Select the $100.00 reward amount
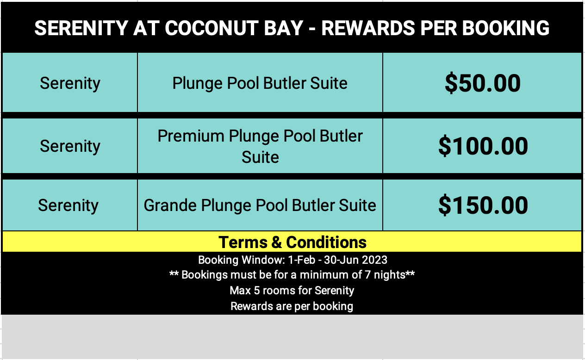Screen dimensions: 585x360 click(x=483, y=146)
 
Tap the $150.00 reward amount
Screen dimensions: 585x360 click(x=483, y=205)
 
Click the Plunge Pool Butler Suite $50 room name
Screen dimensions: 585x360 click(x=260, y=83)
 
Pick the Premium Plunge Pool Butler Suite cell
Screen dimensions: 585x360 click(x=260, y=146)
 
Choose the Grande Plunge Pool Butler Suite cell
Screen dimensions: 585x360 click(x=260, y=205)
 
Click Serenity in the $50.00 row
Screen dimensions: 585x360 click(x=70, y=84)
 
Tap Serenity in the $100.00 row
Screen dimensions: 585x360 click(x=70, y=146)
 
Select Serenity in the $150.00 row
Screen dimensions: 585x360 click(x=68, y=205)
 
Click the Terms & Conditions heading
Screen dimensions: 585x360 click(x=292, y=242)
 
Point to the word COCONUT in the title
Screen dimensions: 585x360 click(x=212, y=28)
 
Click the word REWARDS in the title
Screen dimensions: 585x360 click(x=368, y=28)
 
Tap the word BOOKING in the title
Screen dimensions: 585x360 click(x=505, y=28)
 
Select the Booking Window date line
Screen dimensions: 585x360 click(x=292, y=260)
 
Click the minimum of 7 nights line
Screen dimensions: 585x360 click(x=292, y=275)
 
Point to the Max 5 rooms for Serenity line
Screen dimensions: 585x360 click(x=292, y=291)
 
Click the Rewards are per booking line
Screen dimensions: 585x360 click(x=292, y=306)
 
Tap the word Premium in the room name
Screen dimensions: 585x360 click(x=191, y=136)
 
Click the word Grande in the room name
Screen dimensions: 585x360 click(x=170, y=205)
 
